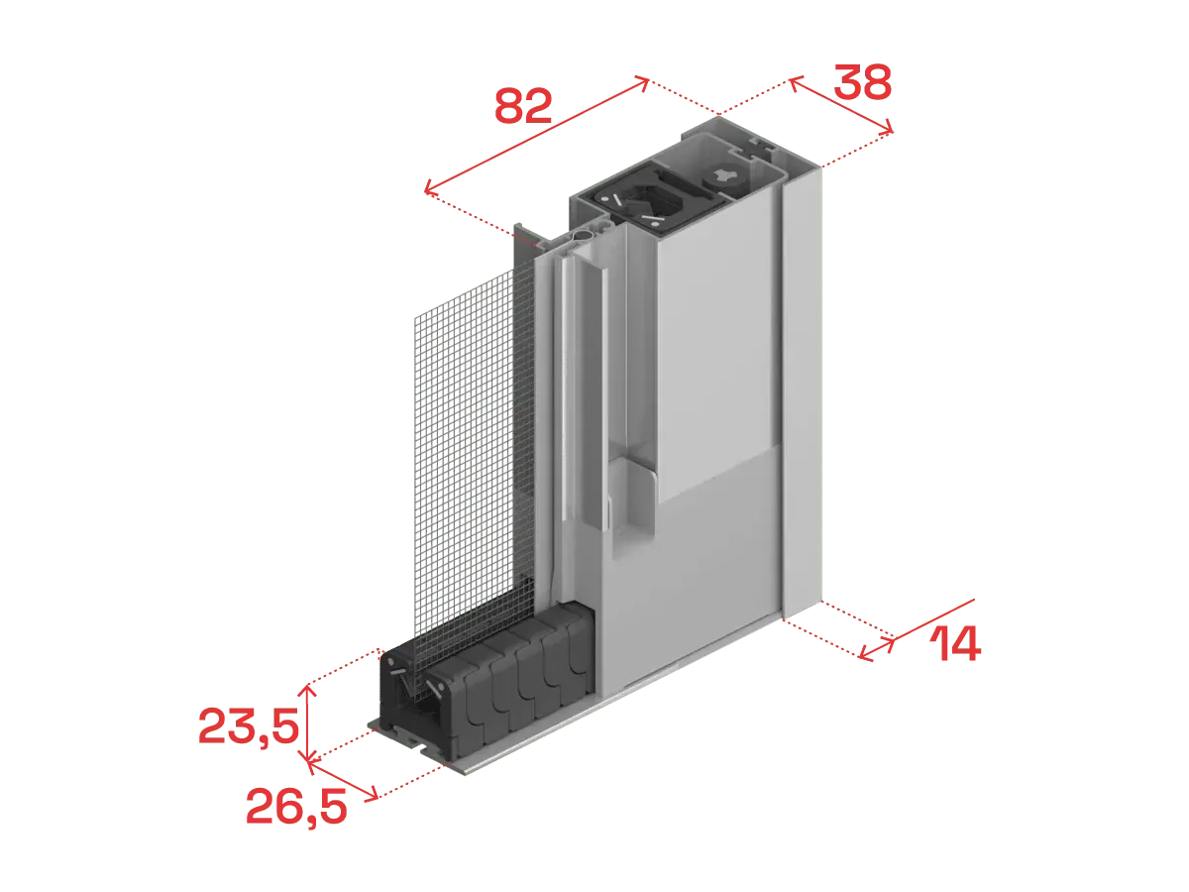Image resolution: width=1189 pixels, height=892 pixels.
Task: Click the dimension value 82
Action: [523, 106]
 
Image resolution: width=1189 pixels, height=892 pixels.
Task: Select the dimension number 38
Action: [862, 82]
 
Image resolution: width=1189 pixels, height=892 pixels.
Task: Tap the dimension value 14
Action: [955, 643]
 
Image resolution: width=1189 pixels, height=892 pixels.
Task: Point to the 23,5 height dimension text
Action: [249, 726]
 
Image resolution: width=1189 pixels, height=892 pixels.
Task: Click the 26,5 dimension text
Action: [295, 808]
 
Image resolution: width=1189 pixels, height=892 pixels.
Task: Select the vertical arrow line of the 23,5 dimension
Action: [308, 724]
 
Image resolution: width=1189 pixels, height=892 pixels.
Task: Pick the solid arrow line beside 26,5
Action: [343, 780]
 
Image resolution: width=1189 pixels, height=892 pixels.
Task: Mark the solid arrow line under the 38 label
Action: [840, 105]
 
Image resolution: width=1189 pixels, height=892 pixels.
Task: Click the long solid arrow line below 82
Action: [536, 136]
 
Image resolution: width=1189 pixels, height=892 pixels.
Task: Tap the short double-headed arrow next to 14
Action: [877, 649]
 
